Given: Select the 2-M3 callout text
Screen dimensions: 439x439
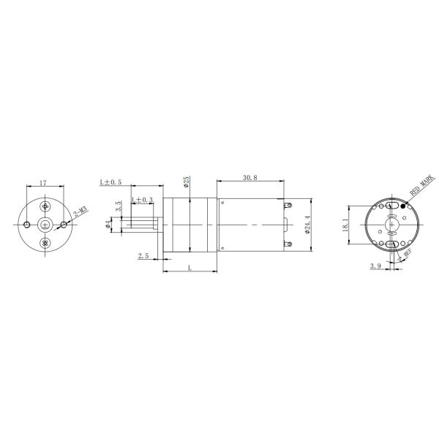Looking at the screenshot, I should tap(80, 213).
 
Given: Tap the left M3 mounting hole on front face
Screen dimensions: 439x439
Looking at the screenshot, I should tap(27, 224).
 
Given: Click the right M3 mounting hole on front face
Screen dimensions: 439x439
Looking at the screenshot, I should tap(64, 224).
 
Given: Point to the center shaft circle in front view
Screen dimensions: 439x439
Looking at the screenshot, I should tap(46, 224).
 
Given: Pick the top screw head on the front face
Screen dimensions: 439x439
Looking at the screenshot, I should tap(46, 206).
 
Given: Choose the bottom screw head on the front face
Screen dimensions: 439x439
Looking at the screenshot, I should tap(46, 242).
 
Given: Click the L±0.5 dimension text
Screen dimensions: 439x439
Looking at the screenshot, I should tap(110, 181).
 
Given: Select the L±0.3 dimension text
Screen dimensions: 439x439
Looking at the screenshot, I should tap(143, 200).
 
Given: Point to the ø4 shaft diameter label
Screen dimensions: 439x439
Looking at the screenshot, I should tap(108, 224).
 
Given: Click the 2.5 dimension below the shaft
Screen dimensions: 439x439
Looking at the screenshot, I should tap(143, 256).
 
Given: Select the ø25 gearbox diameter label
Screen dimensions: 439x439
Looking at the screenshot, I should tap(187, 181).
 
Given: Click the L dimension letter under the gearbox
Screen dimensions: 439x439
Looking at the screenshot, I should tap(190, 269).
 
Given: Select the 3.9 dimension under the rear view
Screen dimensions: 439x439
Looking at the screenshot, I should tap(375, 267).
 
